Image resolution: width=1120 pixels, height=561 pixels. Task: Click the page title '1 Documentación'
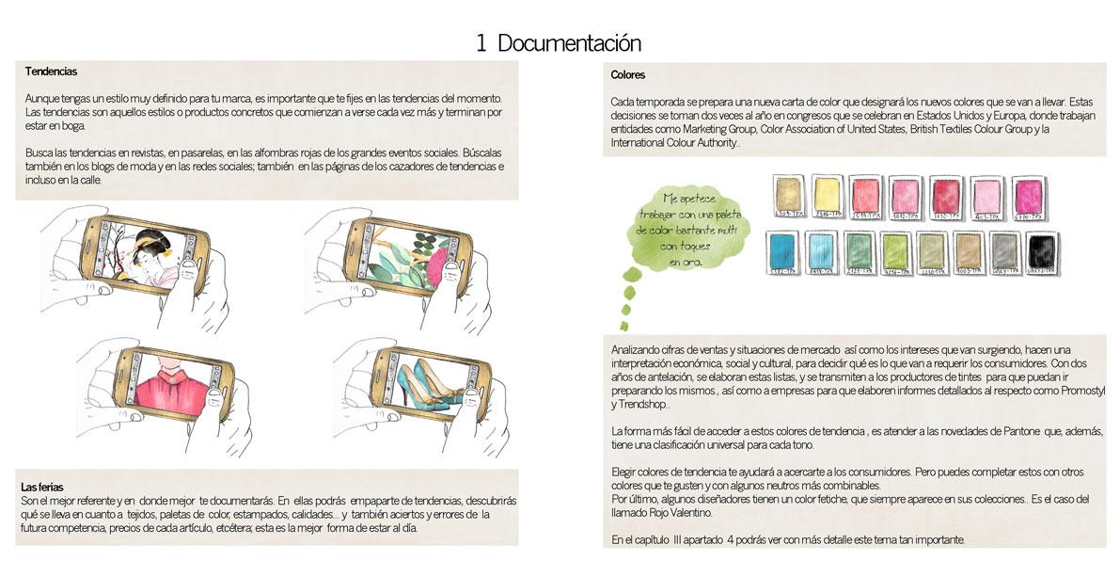[x=559, y=43]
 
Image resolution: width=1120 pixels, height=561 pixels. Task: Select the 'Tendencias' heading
[x=51, y=72]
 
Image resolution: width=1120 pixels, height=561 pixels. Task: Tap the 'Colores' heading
[x=628, y=74]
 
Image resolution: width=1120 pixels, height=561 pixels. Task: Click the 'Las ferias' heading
[x=42, y=487]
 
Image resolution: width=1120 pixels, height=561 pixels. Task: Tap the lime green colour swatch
[x=895, y=253]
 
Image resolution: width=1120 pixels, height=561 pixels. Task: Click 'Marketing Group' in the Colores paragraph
[x=724, y=129]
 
